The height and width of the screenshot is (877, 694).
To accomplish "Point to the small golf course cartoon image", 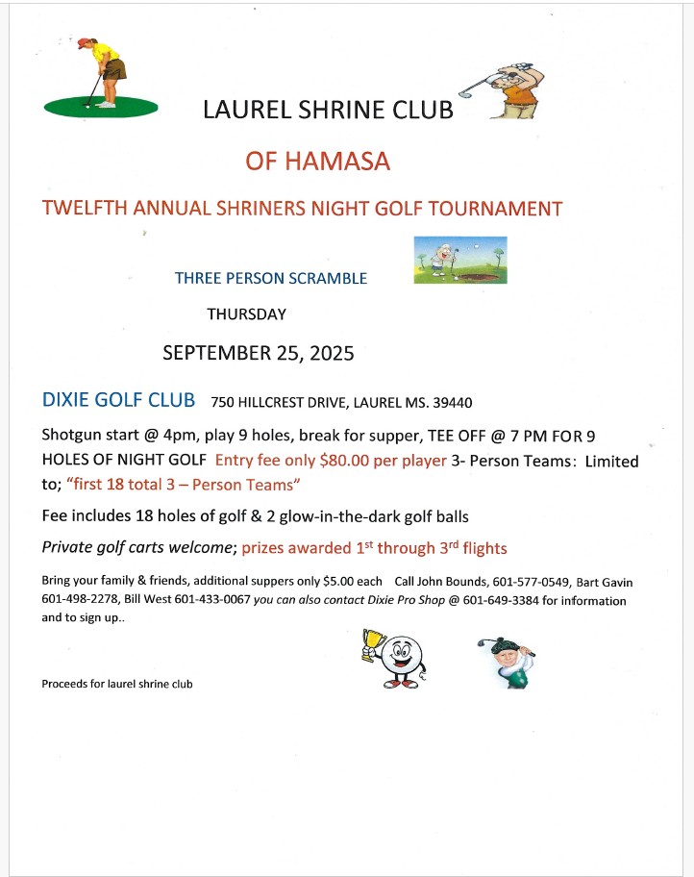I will click(459, 260).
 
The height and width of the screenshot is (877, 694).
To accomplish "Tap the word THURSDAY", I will click(246, 313).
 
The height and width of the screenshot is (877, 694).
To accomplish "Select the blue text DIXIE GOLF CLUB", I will click(119, 400).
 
